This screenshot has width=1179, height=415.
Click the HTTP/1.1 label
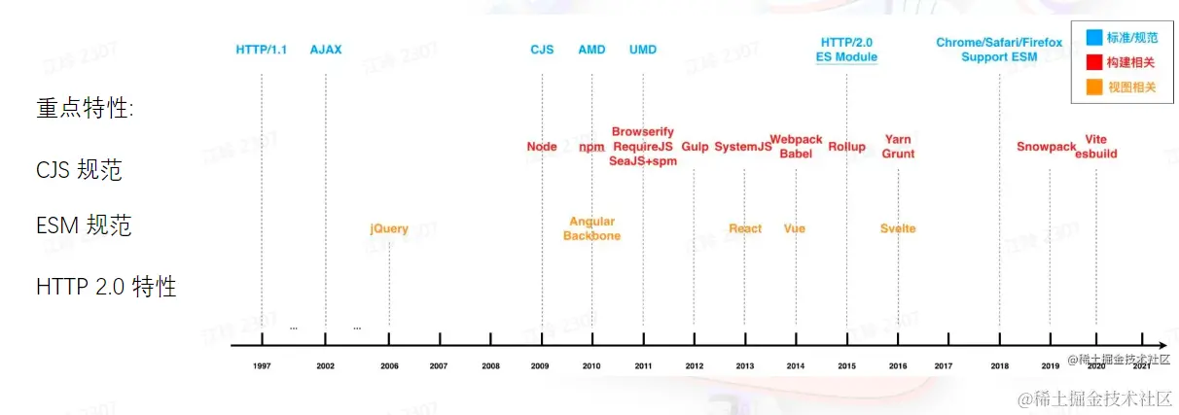tap(262, 49)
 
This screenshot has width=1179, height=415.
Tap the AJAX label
tap(326, 49)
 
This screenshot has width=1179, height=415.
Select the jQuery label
tap(389, 229)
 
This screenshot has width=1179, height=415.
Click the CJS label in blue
tap(542, 49)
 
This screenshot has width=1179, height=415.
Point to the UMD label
tap(642, 49)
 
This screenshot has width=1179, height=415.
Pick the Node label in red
tap(542, 147)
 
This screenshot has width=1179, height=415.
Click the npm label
tap(591, 147)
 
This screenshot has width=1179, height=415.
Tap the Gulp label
tap(695, 147)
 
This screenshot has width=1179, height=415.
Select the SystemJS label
tap(743, 147)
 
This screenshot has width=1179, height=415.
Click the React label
tap(745, 229)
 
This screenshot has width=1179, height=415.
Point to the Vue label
tap(795, 229)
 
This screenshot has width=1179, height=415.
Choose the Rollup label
tap(846, 147)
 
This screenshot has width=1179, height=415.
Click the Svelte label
tap(898, 229)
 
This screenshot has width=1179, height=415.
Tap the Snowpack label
tap(1047, 147)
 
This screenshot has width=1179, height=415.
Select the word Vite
tap(1096, 140)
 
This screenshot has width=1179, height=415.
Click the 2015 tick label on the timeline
tap(846, 366)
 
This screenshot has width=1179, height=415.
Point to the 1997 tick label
tap(262, 366)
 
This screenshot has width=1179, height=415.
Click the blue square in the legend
tap(1094, 38)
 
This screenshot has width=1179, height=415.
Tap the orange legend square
tap(1094, 87)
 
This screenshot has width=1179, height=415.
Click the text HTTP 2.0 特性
tap(106, 287)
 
